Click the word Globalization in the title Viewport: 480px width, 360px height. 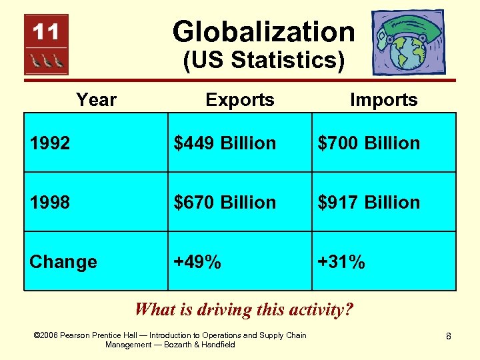click(263, 31)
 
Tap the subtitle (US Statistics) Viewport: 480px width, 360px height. click(263, 61)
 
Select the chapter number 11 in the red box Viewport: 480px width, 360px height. click(45, 31)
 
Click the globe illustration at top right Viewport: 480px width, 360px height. click(407, 41)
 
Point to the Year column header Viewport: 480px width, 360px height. click(96, 100)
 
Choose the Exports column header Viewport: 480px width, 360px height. click(240, 100)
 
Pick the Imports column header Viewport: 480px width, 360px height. click(383, 100)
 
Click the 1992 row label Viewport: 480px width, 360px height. click(50, 143)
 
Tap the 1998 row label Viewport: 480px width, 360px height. click(50, 203)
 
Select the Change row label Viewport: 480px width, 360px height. click(63, 262)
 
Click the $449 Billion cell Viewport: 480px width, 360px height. click(225, 143)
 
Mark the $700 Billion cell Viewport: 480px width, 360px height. click(369, 143)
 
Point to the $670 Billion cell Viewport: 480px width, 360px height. click(225, 203)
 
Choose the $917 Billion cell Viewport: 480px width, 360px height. click(369, 203)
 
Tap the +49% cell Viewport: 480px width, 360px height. click(197, 262)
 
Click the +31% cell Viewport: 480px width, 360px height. click(341, 262)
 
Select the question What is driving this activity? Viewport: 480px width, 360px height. click(243, 309)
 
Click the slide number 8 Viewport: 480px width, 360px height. click(449, 337)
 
